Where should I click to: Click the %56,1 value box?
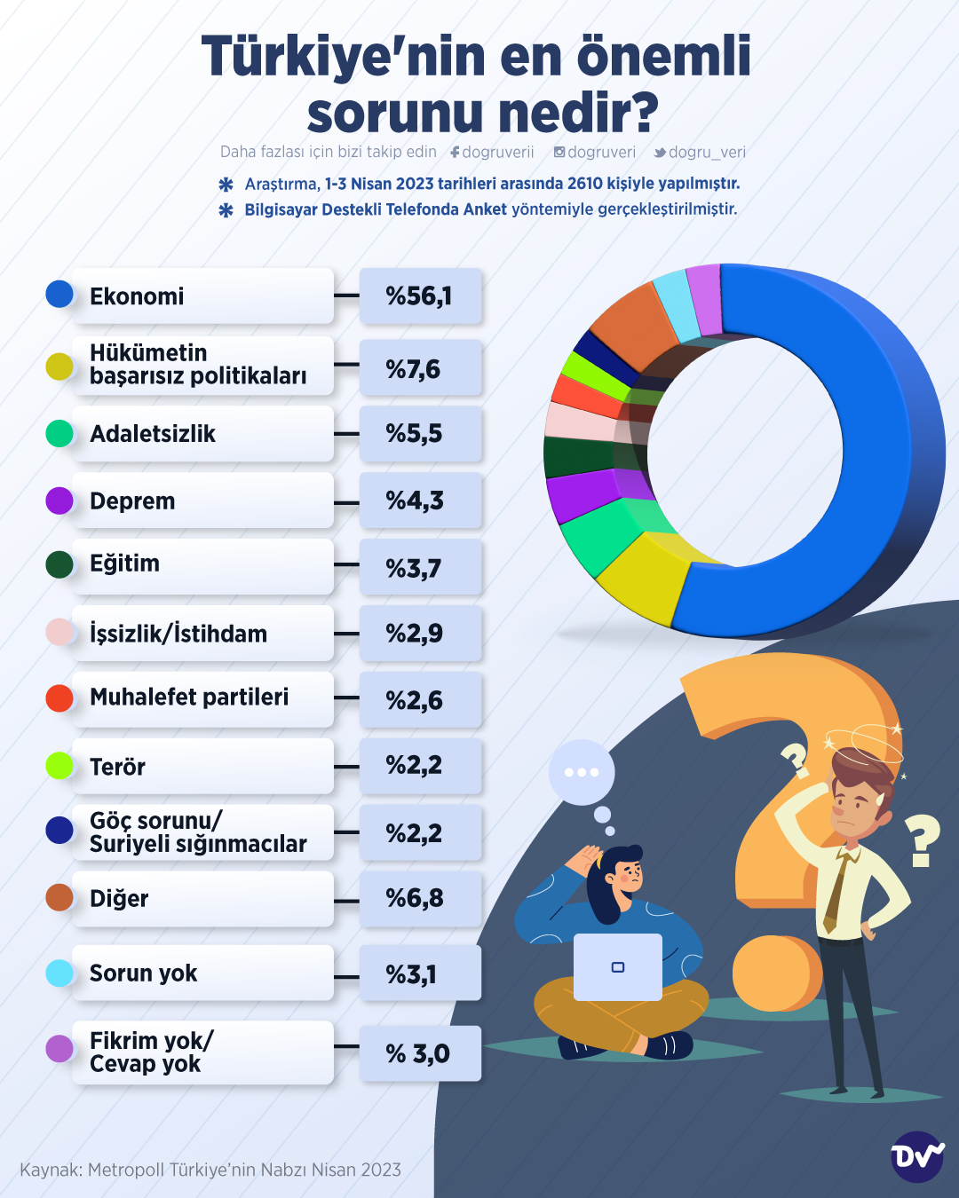[x=420, y=296]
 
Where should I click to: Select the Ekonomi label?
[x=137, y=296]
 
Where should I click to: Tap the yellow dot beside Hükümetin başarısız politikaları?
[x=59, y=366]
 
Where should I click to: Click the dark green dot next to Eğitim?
[x=59, y=564]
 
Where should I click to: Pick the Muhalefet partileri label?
[x=189, y=698]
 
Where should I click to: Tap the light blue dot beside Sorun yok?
[x=59, y=973]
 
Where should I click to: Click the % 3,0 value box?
[x=420, y=1053]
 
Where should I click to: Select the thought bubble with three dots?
[x=582, y=772]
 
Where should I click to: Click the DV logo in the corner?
[x=917, y=1156]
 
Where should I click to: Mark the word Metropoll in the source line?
[x=125, y=1170]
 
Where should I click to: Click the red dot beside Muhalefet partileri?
[x=59, y=698]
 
